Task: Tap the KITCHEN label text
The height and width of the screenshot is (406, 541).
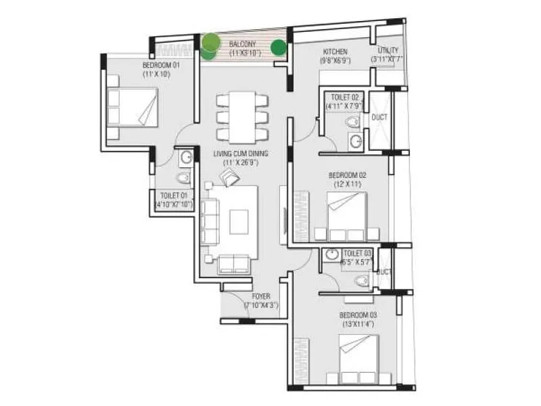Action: (x=335, y=51)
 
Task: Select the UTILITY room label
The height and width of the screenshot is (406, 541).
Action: (x=388, y=51)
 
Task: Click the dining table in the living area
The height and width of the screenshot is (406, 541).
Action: (x=242, y=116)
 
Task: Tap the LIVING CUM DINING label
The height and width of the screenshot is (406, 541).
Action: (x=237, y=154)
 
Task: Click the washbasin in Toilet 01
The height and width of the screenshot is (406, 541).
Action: (x=187, y=158)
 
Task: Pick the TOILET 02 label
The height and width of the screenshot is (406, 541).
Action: (x=344, y=97)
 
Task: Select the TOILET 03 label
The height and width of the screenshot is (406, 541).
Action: (x=357, y=253)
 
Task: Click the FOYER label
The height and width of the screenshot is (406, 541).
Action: (x=261, y=296)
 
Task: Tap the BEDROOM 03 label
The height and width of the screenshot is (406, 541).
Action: (x=356, y=315)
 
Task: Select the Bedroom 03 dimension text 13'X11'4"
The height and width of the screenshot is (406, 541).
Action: (x=357, y=325)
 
